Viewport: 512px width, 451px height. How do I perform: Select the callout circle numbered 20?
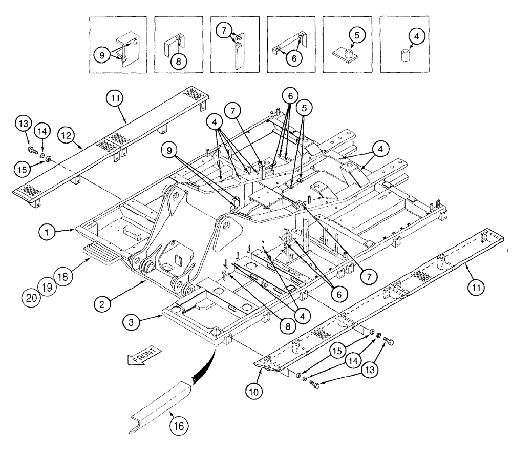31,298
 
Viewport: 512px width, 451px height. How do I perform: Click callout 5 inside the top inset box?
356,36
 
